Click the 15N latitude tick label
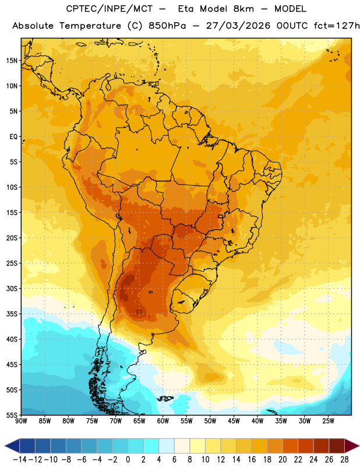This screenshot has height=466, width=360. point(12,61)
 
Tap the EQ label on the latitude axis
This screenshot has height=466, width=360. point(13,137)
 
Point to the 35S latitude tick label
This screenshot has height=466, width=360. point(12,314)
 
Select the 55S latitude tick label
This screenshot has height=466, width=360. point(12,415)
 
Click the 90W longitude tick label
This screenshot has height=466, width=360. point(21,421)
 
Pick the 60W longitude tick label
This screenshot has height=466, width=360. point(163,421)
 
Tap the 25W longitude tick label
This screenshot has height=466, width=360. point(328,421)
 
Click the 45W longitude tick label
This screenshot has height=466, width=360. point(234,421)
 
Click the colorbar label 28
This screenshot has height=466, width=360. point(344,460)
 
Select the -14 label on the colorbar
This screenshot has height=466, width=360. point(20,460)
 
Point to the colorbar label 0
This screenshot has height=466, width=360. point(128,460)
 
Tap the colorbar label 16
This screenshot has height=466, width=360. point(252,460)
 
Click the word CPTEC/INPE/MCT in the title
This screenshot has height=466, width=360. point(109,9)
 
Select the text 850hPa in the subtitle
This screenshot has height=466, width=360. point(167,26)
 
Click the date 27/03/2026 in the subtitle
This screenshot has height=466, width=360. point(238,26)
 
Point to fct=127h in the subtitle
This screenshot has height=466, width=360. point(337,26)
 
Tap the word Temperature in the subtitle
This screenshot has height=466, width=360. point(90,26)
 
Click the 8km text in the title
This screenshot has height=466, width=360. point(243,9)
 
